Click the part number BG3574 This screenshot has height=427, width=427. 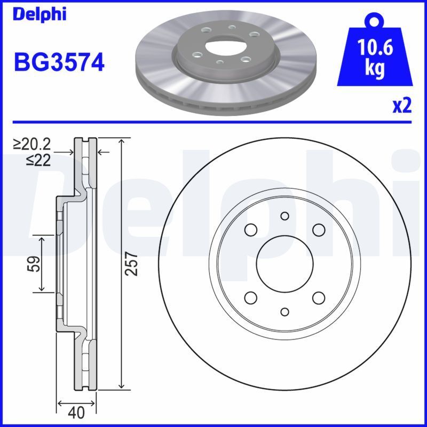pyautogui.click(x=59, y=62)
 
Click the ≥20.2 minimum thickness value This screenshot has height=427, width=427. pyautogui.click(x=33, y=144)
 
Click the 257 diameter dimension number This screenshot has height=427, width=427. pyautogui.click(x=133, y=264)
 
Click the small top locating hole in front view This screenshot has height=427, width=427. pyautogui.click(x=284, y=216)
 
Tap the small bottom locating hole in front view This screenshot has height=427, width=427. pyautogui.click(x=284, y=312)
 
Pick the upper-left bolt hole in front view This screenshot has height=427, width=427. pyautogui.click(x=250, y=230)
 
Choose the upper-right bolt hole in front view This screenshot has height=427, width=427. pyautogui.click(x=319, y=230)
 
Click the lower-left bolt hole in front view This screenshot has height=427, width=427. pyautogui.click(x=250, y=297)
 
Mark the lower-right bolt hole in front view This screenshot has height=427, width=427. pyautogui.click(x=319, y=297)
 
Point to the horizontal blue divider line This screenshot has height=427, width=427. pyautogui.click(x=213, y=122)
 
